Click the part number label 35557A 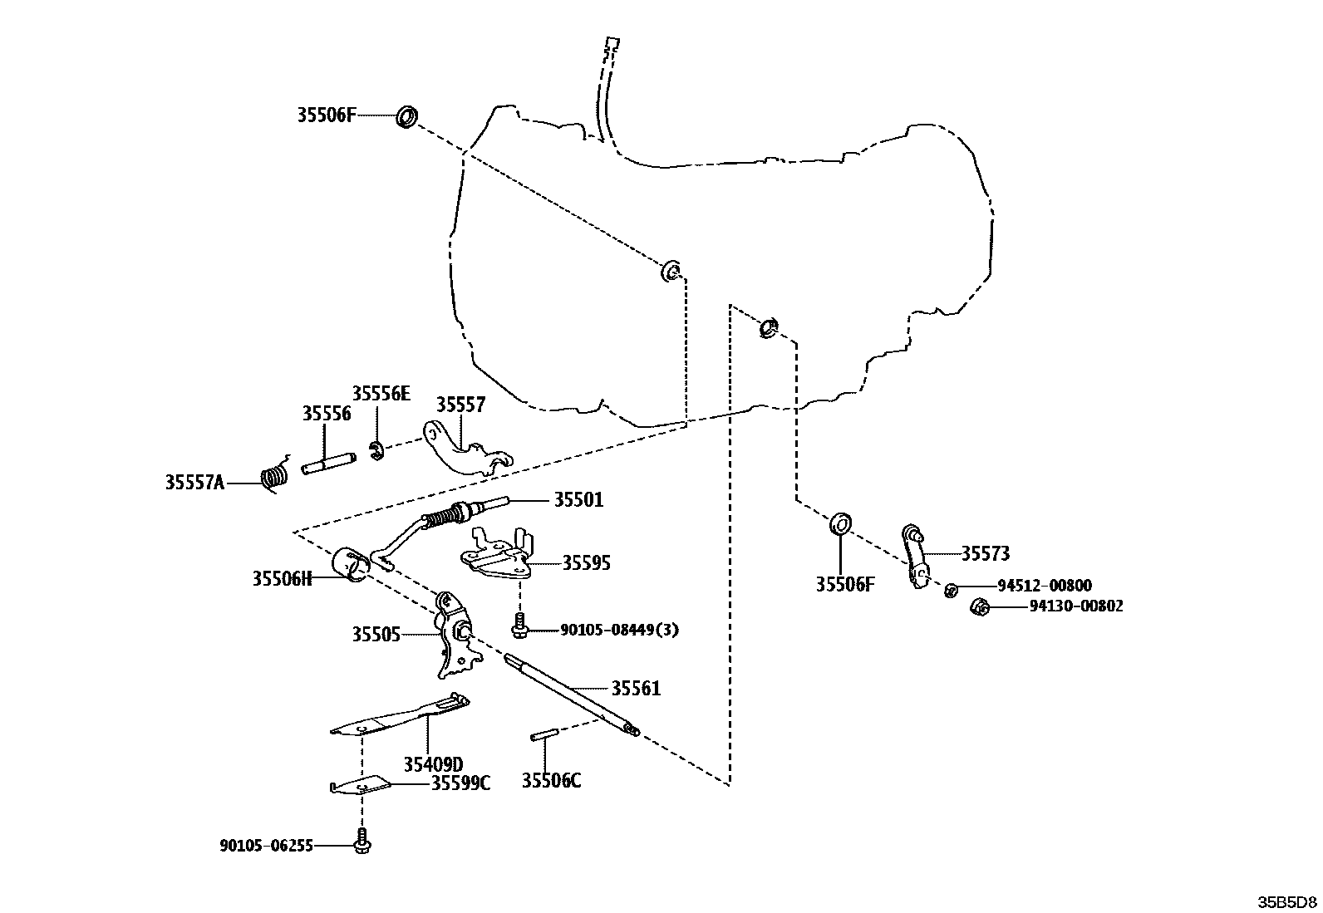click(x=194, y=482)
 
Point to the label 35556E click(x=381, y=394)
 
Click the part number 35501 click(x=579, y=500)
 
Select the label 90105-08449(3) click(x=619, y=630)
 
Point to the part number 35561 click(x=637, y=689)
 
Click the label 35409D click(x=434, y=763)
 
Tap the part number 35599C click(x=460, y=783)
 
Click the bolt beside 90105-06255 click(x=362, y=842)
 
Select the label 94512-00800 click(x=1045, y=586)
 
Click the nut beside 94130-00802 click(x=980, y=607)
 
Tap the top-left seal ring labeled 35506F click(x=406, y=117)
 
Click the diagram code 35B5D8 click(x=1286, y=901)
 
